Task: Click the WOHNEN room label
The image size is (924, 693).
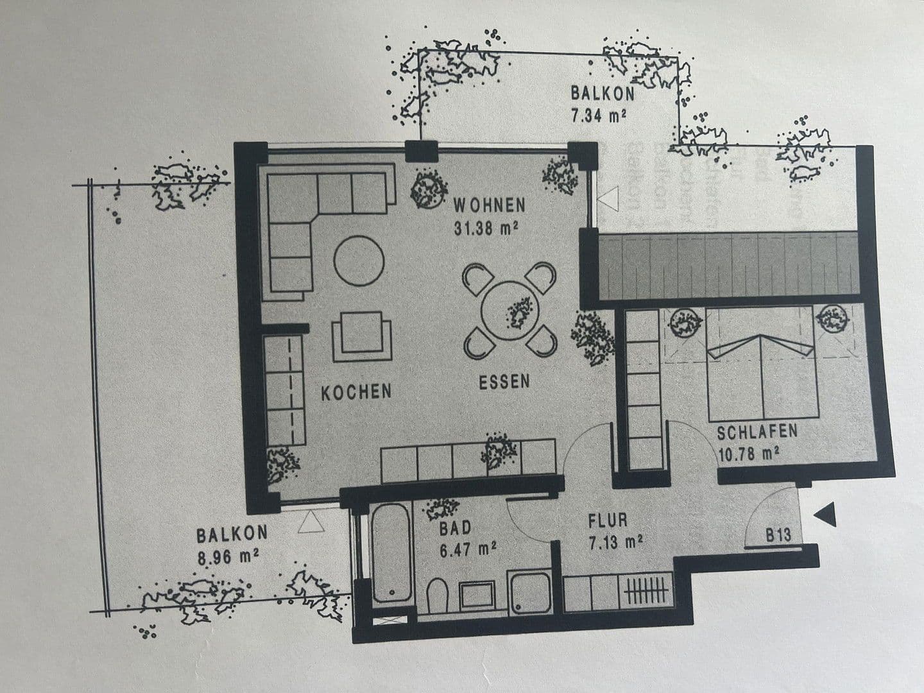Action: coord(490,206)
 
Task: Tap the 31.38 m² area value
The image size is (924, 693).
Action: coord(486,228)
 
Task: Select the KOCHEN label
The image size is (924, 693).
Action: coord(356,392)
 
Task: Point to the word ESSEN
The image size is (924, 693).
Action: coord(504,382)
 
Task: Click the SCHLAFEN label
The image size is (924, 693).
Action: coord(757,431)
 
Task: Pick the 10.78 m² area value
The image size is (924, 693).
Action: coord(748,454)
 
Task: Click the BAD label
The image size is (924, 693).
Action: coord(455,528)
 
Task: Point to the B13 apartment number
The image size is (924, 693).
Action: coord(778,535)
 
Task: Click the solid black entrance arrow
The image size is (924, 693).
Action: coord(826,514)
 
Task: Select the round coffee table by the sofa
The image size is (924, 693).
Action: coord(359,261)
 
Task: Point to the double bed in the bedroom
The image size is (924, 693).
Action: coord(762,379)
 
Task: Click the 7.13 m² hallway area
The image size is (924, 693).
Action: coord(615,542)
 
